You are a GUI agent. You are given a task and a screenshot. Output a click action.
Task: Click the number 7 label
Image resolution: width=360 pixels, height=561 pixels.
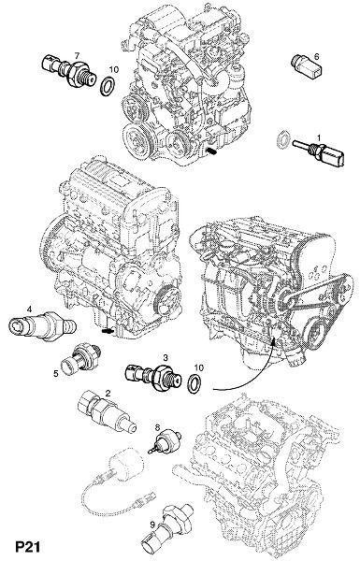77,55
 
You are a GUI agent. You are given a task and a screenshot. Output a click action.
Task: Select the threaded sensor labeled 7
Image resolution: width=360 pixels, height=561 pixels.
68,71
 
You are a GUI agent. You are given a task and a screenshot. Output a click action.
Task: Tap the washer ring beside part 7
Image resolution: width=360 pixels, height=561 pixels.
107,86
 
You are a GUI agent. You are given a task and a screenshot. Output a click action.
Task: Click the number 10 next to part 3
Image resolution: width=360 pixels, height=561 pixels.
199,367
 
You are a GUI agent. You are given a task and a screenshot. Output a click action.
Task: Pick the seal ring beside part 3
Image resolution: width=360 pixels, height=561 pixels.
195,384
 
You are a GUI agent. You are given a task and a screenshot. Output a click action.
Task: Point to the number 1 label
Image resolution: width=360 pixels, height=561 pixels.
319,137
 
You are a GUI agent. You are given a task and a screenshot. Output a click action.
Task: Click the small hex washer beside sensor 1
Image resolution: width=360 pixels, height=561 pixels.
282,139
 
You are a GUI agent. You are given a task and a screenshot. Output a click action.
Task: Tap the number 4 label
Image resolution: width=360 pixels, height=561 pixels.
30,308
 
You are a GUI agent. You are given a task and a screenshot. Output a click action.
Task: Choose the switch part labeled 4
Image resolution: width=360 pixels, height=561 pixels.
42,325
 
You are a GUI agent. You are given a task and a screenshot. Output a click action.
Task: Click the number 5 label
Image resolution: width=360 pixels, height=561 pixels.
56,373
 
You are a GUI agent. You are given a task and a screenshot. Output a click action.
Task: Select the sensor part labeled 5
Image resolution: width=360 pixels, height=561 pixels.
80,359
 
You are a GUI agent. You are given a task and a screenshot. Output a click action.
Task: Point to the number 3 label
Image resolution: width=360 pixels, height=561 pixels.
166,357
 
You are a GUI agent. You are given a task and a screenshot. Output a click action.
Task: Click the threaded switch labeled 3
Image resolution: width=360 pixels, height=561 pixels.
153,377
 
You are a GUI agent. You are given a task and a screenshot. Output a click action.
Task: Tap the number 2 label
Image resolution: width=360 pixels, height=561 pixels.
108,394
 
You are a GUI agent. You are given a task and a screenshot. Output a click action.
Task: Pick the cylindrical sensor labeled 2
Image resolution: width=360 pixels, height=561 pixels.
107,412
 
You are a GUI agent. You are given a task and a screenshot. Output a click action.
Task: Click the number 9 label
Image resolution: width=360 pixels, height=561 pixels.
152,525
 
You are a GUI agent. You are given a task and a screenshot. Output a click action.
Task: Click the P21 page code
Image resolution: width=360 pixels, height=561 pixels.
27,547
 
